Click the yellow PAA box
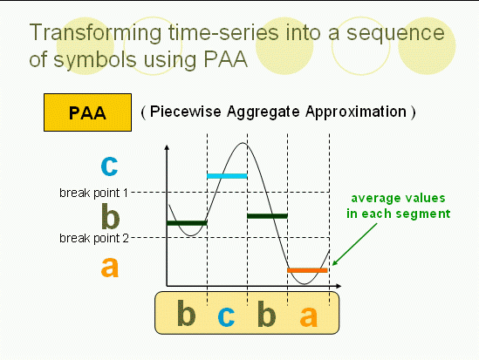[x=87, y=112]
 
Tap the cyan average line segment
[x=227, y=176]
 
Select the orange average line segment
[x=307, y=270]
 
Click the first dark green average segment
[x=187, y=223]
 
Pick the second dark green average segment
[x=267, y=216]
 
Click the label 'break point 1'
[x=93, y=194]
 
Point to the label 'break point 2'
[x=94, y=238]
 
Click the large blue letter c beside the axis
[x=109, y=166]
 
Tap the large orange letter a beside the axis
[x=110, y=267]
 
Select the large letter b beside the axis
[x=110, y=216]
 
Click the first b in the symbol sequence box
[x=186, y=313]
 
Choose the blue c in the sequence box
[x=226, y=316]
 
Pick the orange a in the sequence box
[x=309, y=316]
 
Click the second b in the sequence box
[x=266, y=313]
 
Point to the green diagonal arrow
[x=354, y=244]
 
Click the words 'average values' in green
[x=398, y=199]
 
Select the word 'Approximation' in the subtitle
[x=356, y=112]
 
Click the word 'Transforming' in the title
[x=95, y=32]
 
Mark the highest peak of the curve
[x=243, y=143]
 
